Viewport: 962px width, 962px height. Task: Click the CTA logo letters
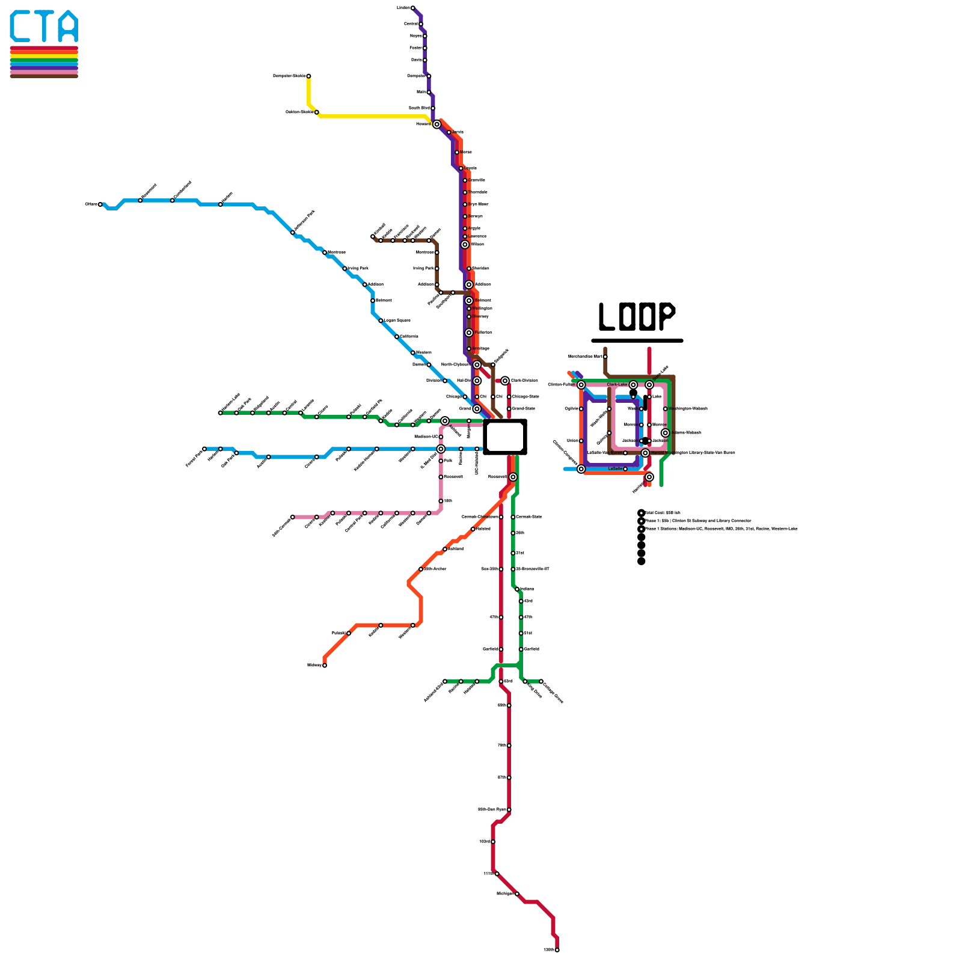[x=44, y=26]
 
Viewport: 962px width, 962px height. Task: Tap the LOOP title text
[x=637, y=316]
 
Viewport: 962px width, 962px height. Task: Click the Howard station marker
[x=437, y=124]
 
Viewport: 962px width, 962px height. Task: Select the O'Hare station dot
[x=100, y=204]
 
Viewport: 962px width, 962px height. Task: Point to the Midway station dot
[x=325, y=665]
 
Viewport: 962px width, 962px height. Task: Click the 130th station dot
[x=557, y=950]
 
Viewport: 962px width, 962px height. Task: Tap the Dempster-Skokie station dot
[x=308, y=76]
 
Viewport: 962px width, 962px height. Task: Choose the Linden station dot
[x=412, y=8]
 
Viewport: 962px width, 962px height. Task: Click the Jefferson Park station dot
[x=293, y=233]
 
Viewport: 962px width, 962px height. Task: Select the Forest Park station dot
[x=204, y=449]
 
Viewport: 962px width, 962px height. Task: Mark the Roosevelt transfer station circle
[x=513, y=477]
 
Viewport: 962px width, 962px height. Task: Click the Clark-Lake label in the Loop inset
[x=617, y=385]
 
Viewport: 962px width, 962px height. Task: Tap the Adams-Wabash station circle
[x=665, y=433]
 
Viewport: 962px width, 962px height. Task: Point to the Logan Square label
[x=397, y=320]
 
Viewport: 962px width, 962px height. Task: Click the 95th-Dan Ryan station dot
[x=509, y=810]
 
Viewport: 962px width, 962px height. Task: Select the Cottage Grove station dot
[x=541, y=681]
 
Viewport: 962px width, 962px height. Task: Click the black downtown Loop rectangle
[x=505, y=437]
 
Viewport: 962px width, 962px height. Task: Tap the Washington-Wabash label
[x=688, y=409]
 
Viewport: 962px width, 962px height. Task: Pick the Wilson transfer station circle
[x=465, y=245]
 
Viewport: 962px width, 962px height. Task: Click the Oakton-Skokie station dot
[x=317, y=112]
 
